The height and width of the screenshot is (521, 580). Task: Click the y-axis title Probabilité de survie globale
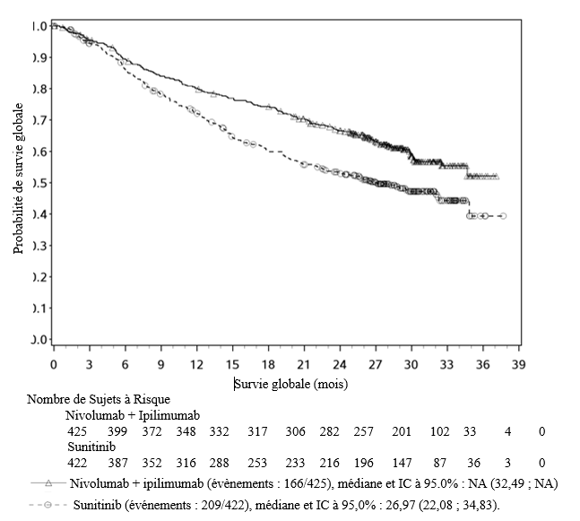point(19,179)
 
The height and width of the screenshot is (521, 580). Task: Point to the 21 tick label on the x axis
point(304,366)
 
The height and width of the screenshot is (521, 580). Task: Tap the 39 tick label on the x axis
point(518,366)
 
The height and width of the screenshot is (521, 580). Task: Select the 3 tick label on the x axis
point(89,366)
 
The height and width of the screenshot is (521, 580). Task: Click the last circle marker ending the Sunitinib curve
point(503,216)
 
